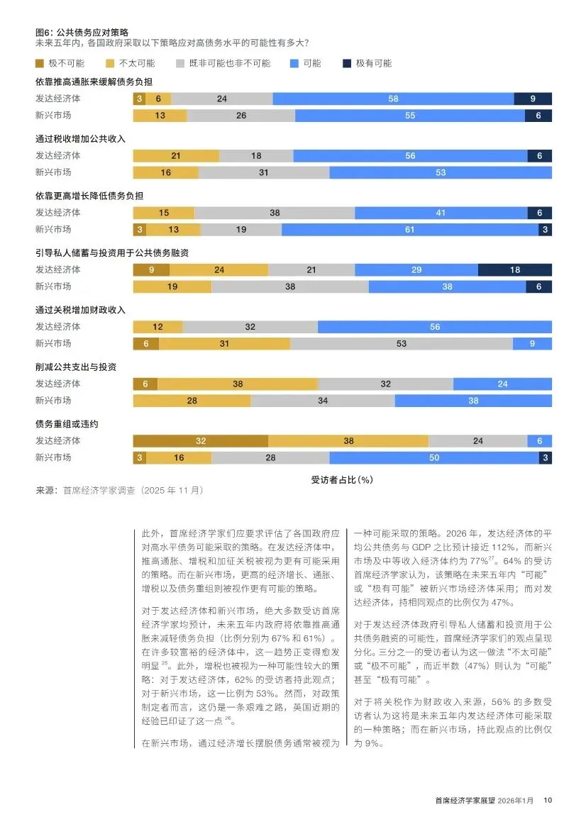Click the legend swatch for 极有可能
click(346, 63)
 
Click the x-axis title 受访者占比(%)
click(342, 479)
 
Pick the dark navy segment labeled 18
click(515, 269)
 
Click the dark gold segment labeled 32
click(201, 440)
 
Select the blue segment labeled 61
click(410, 229)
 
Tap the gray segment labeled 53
click(402, 343)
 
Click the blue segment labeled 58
click(393, 99)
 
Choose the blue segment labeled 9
click(532, 343)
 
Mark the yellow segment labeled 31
click(224, 343)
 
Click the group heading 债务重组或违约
click(67, 424)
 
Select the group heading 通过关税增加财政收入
click(80, 310)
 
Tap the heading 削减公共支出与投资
click(76, 367)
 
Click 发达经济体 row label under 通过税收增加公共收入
click(58, 156)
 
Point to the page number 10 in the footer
click(547, 801)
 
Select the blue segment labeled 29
click(416, 269)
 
